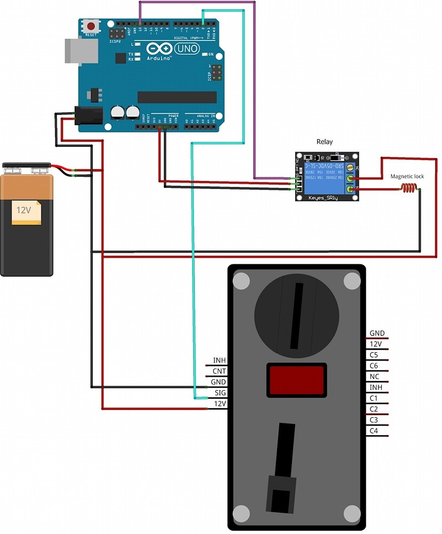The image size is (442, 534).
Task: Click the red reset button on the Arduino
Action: (92, 26)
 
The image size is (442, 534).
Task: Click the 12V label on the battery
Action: (24, 210)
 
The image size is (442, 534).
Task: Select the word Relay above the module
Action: (324, 142)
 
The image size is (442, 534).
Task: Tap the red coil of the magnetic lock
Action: (409, 188)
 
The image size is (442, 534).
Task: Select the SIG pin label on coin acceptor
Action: (220, 392)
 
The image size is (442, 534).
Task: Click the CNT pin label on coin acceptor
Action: (219, 371)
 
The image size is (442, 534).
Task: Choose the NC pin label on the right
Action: (374, 376)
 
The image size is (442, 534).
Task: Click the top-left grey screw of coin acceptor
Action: (241, 280)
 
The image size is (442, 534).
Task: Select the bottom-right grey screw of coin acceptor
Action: (352, 513)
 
